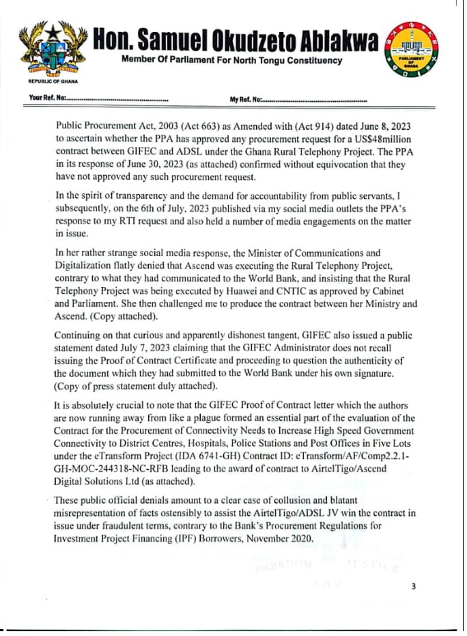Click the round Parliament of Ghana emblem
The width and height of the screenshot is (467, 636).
coord(414,52)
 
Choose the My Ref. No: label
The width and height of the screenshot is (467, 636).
coord(246,100)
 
